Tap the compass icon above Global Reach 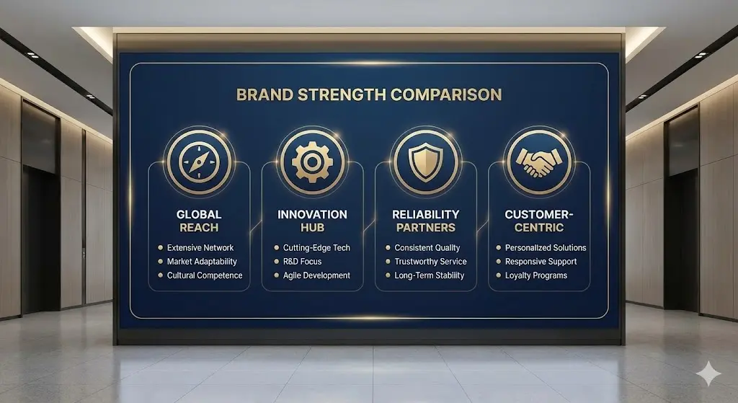199,162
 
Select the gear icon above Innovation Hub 313,162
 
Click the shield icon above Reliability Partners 425,162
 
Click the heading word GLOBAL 199,215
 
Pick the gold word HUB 313,228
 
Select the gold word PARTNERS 426,228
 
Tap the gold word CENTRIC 539,228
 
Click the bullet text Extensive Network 200,247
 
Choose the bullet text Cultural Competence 205,275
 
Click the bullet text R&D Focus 302,261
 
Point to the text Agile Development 316,275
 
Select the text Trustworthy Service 431,261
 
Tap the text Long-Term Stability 430,275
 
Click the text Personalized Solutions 546,247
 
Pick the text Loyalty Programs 536,275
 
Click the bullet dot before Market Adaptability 161,261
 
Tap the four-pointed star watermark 708,374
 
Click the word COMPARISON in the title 446,94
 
